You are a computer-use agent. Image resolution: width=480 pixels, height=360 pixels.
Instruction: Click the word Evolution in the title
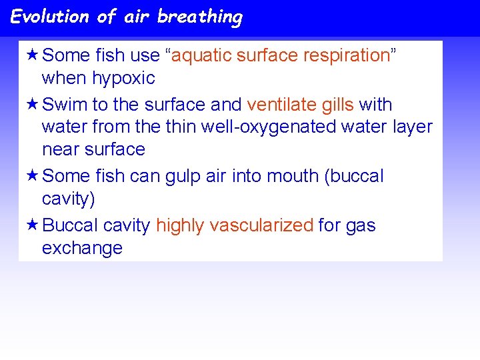click(x=50, y=16)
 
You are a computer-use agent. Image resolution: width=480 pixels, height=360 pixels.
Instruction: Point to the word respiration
click(x=346, y=55)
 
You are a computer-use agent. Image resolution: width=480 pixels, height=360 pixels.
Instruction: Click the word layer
click(x=410, y=127)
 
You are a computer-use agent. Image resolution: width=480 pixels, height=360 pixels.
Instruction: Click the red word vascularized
click(x=261, y=226)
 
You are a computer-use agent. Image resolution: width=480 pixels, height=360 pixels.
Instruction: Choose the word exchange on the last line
click(x=82, y=248)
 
